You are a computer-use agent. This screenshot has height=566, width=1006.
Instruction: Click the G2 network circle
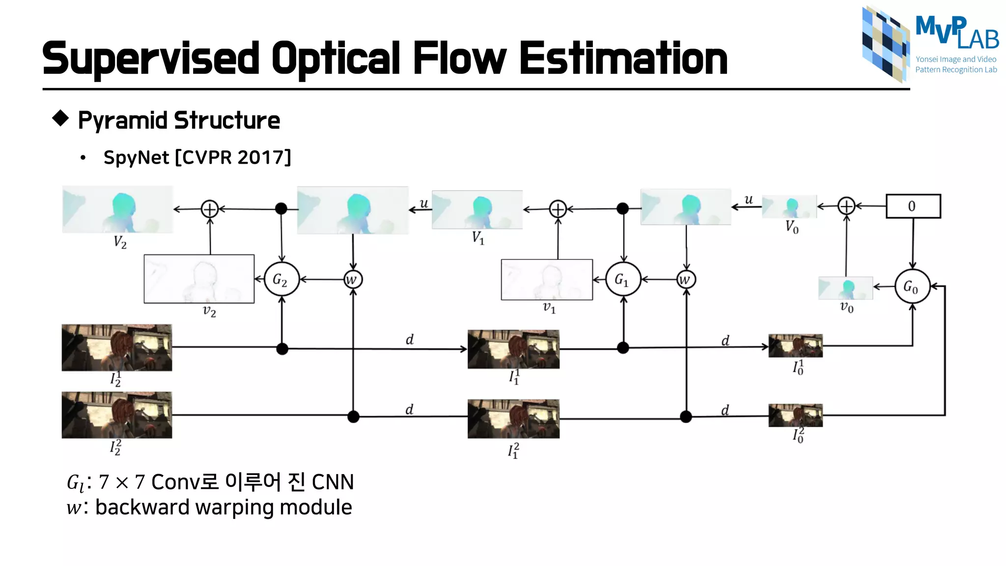coord(281,280)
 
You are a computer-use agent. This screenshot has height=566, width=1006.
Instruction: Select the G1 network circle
coord(623,280)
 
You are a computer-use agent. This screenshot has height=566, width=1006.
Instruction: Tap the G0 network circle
coord(912,286)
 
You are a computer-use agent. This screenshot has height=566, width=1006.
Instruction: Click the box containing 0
coord(913,206)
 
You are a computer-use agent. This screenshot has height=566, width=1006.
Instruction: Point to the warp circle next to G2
coord(353,280)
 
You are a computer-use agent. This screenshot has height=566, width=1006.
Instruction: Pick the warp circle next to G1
coord(686,280)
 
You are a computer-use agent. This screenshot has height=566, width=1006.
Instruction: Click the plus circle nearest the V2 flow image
coord(210,209)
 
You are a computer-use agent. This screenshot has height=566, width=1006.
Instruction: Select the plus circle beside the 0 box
coord(846,206)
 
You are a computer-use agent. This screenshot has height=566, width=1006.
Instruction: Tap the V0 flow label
coord(792,227)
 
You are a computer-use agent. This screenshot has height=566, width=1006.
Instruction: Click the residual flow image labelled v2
coord(199,279)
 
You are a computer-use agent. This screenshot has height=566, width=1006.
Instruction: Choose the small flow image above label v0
coord(845,288)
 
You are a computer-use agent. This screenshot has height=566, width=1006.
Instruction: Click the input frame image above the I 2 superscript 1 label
coord(117,347)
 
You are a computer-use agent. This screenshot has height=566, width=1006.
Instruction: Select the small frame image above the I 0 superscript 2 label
coord(795,416)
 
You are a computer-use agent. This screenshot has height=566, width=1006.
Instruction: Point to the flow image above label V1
coord(477,210)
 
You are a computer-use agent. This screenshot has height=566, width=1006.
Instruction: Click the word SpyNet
coord(136,158)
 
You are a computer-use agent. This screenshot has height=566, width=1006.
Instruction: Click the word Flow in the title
coord(459,58)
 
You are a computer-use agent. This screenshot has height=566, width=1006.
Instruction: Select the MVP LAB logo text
coord(956,32)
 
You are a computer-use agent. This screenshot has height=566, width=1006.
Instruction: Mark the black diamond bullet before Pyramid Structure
coord(60,118)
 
